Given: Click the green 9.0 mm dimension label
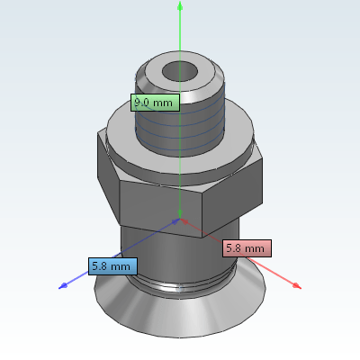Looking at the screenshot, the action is click(155, 103).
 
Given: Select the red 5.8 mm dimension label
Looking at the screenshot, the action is click(247, 248).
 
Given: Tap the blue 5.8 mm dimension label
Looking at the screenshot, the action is click(112, 266).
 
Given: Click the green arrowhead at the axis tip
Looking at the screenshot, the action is click(180, 5).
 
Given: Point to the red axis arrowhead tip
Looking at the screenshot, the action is click(301, 288).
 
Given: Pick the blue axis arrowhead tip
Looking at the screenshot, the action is click(59, 288).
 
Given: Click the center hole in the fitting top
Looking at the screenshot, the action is click(180, 72).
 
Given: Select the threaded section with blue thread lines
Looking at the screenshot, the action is click(180, 129).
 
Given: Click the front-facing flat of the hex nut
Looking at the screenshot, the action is click(160, 208).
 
